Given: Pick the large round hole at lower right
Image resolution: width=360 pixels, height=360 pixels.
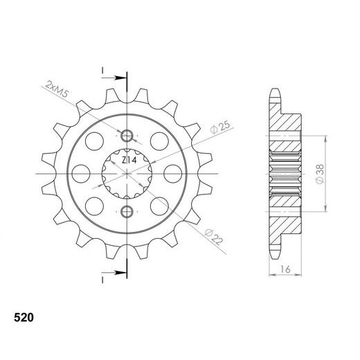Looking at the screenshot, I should click(159, 205).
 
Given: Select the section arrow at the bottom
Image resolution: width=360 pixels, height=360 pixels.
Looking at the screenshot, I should click(117, 270).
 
